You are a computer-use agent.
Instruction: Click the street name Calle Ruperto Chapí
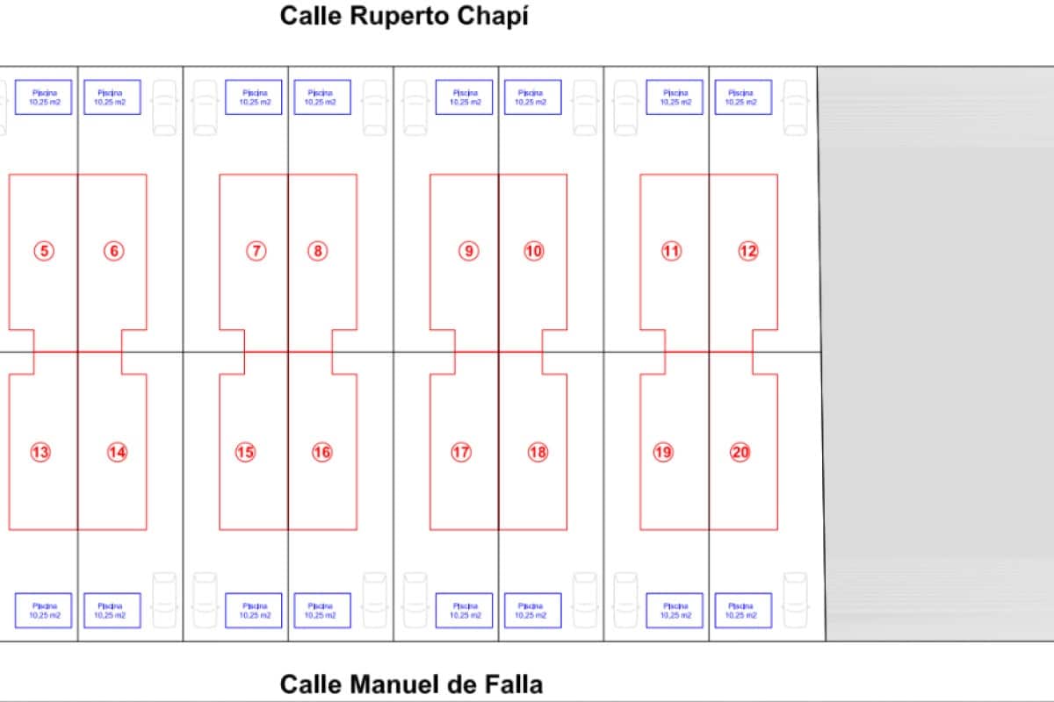click(404, 17)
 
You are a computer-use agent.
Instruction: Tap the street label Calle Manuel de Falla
click(411, 684)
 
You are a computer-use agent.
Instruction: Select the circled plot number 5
click(44, 251)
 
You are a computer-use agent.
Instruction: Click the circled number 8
click(318, 251)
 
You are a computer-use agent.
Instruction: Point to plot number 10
click(534, 251)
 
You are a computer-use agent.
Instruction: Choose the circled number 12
click(747, 251)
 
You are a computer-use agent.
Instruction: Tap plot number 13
click(40, 452)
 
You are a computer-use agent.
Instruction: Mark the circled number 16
click(322, 452)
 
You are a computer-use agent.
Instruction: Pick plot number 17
click(461, 452)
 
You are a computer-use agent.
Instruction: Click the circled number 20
click(740, 452)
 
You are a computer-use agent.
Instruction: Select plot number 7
click(256, 251)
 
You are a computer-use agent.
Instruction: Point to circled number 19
click(663, 452)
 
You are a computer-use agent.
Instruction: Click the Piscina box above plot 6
click(112, 97)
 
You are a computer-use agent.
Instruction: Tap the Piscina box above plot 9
click(465, 97)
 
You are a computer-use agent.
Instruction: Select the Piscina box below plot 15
click(254, 611)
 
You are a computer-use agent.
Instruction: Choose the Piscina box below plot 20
click(743, 611)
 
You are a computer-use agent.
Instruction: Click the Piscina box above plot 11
click(675, 97)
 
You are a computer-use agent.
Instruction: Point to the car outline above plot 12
click(795, 108)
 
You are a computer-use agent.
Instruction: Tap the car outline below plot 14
click(164, 600)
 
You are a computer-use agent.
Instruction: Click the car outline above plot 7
click(205, 108)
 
